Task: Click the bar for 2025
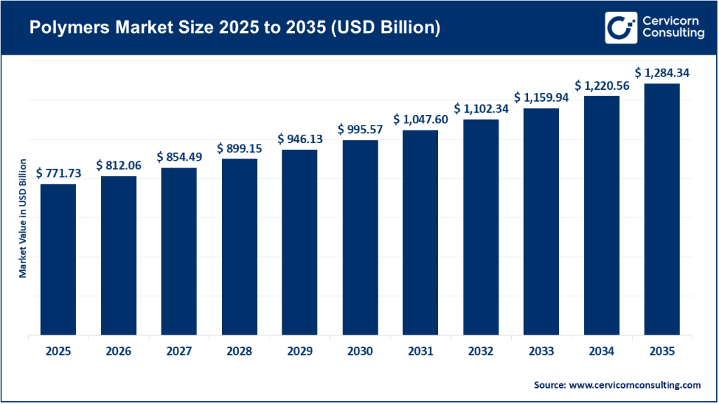point(58,260)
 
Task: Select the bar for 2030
point(360,238)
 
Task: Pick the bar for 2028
point(239,247)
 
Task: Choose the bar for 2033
point(541,222)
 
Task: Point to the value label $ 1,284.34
point(661,73)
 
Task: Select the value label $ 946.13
point(300,139)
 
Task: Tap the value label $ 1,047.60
point(420,119)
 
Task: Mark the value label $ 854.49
point(179,156)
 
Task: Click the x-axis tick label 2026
point(119,351)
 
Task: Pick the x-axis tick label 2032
point(480,351)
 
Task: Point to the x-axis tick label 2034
point(601,351)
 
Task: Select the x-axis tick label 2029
point(300,351)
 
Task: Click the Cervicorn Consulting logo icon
point(619,27)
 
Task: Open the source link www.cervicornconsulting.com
point(633,385)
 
